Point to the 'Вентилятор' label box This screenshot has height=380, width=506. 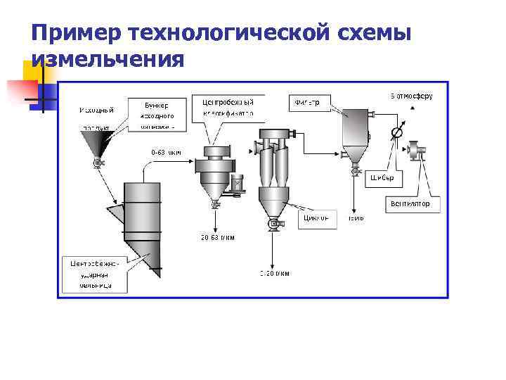pos(415,204)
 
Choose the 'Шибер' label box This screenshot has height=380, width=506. pos(383,179)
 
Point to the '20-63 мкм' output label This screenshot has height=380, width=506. pos(217,237)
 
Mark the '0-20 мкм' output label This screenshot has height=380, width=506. pos(275,272)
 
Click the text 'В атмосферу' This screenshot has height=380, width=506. pos(410,95)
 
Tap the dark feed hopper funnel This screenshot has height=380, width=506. pos(97,145)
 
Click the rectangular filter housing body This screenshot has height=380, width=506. pos(356,128)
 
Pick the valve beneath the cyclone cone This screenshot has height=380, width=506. pos(271,224)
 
